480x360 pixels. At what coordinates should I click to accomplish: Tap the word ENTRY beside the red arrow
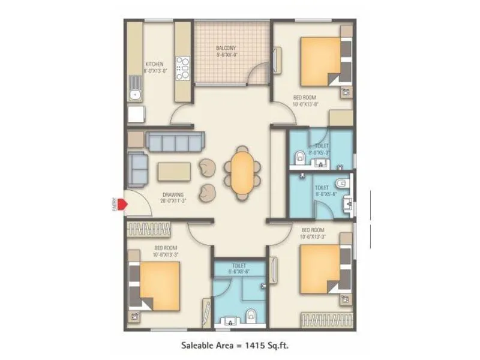[x=113, y=205]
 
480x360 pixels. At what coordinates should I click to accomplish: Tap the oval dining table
[x=242, y=174]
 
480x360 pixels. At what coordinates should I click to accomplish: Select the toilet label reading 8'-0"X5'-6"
[x=318, y=191]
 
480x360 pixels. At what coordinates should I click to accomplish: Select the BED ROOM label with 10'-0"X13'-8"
[x=308, y=100]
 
